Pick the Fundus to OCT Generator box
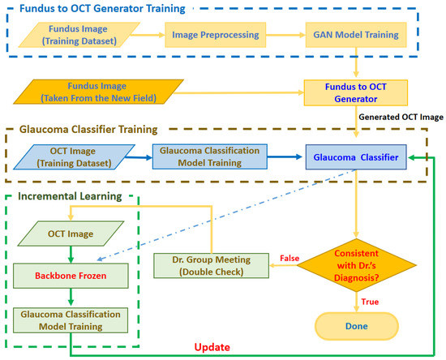pyautogui.click(x=349, y=91)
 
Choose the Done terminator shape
pyautogui.click(x=355, y=326)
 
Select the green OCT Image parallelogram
pyautogui.click(x=69, y=235)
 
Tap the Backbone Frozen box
pyautogui.click(x=69, y=276)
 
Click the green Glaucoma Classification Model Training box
pyautogui.click(x=69, y=319)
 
